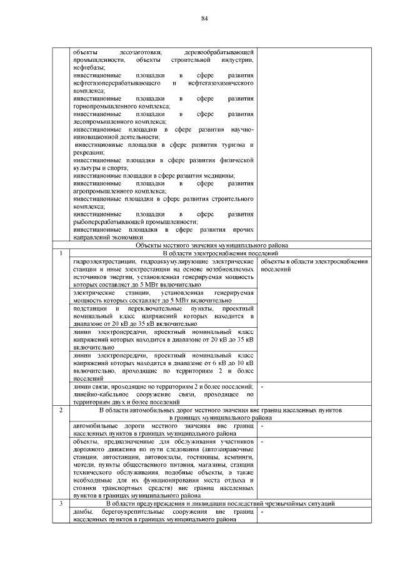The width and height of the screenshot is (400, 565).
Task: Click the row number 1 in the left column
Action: (x=61, y=253)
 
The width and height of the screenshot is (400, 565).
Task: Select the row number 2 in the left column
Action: (x=61, y=410)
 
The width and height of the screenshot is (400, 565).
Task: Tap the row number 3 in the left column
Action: (x=61, y=503)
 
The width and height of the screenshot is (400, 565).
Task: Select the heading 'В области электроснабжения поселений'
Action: (x=220, y=253)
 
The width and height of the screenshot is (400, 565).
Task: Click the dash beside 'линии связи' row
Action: (x=261, y=387)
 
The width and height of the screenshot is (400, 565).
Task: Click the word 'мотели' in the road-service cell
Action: (x=84, y=465)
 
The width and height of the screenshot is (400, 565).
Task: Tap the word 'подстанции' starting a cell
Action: (x=90, y=309)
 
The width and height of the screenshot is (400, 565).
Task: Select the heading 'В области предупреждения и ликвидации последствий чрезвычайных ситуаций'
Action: (x=220, y=503)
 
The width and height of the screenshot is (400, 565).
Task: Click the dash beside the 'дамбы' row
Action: (x=261, y=511)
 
